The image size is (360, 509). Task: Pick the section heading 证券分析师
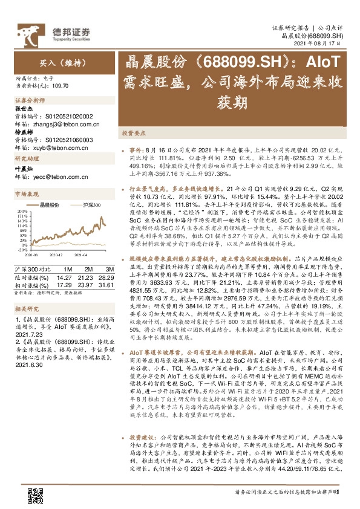point(30,99)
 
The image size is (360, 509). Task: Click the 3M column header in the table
point(109,268)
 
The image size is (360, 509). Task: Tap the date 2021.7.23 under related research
point(25,333)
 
